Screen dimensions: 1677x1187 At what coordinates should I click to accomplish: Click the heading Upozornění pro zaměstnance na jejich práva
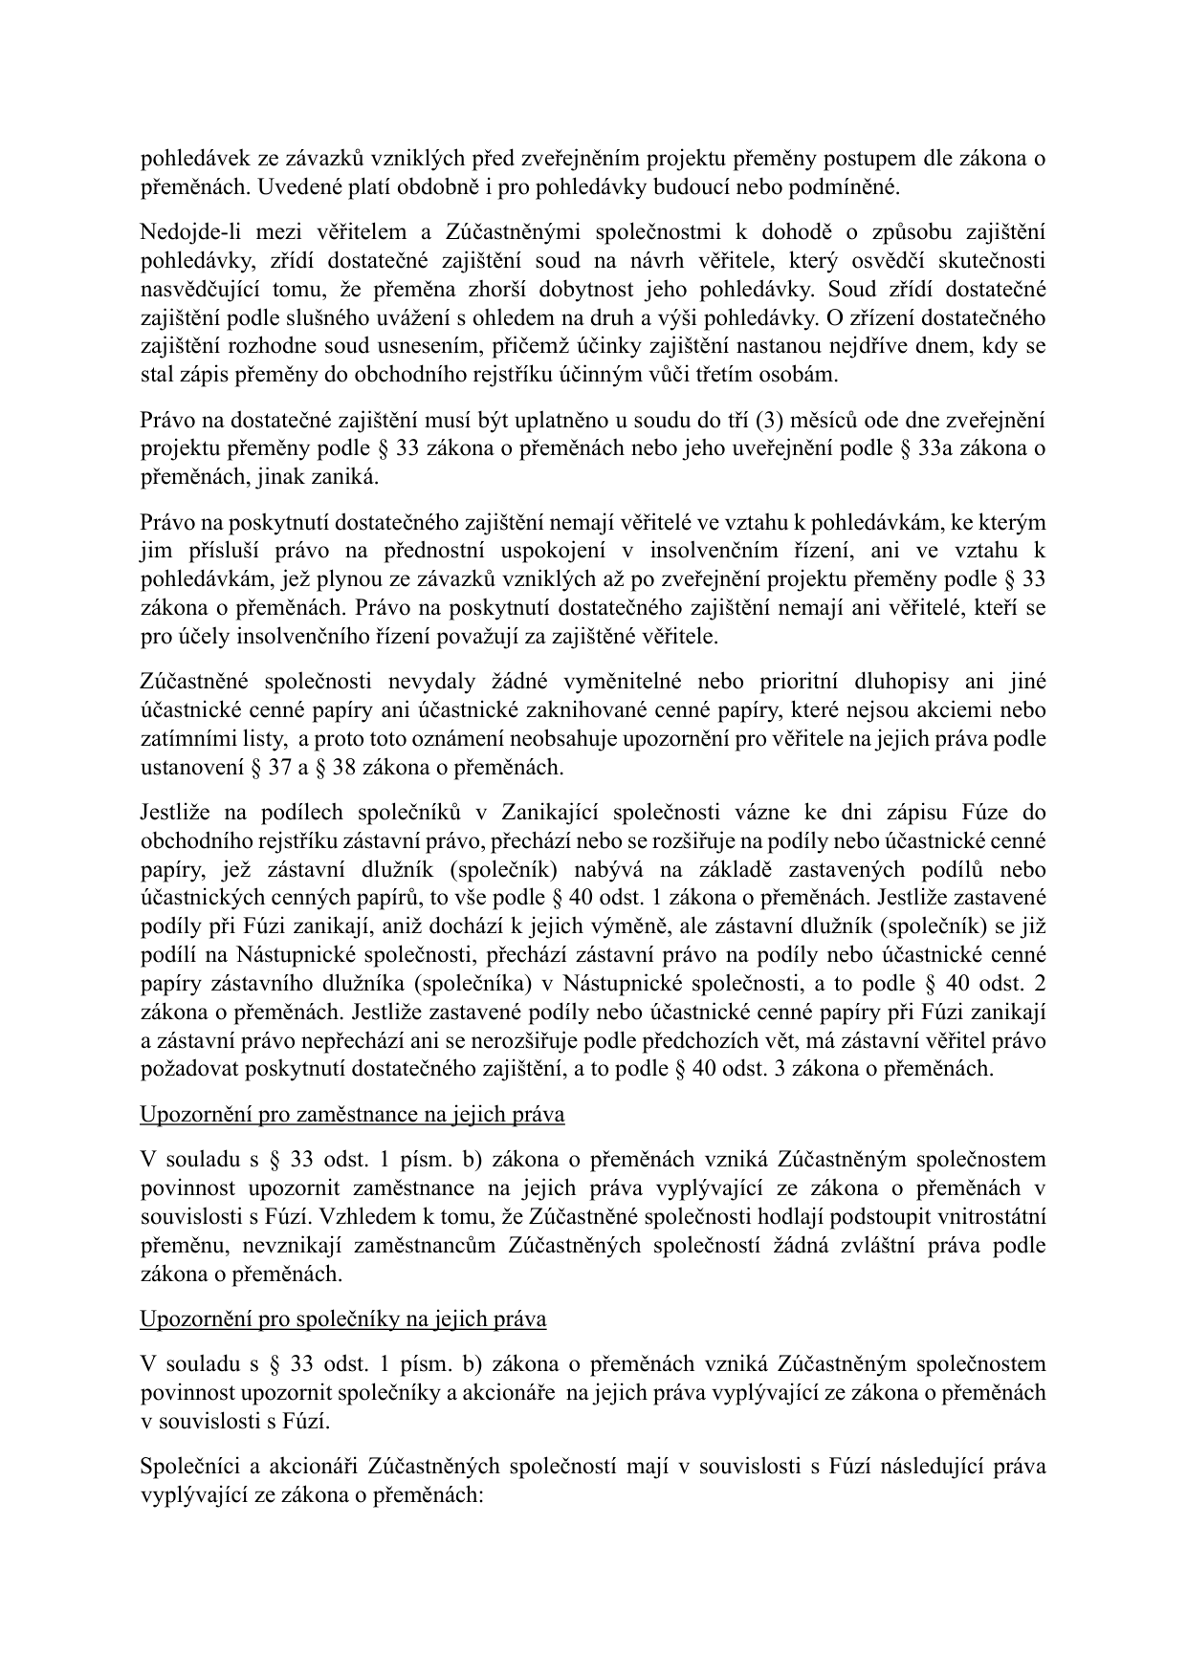(x=352, y=1115)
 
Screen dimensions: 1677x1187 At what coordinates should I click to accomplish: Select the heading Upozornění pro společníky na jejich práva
(x=342, y=1319)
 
